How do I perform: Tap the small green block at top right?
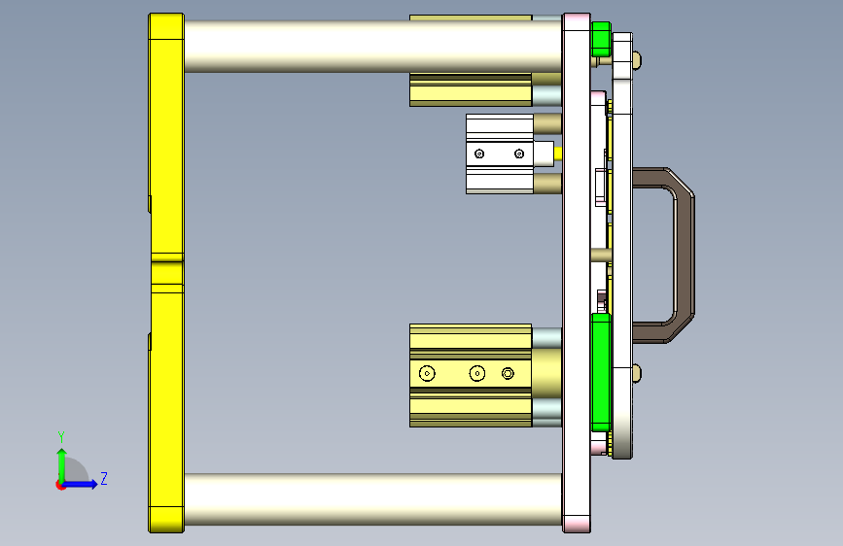[600, 38]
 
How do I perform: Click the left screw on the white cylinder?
[478, 154]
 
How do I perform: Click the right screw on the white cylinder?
[519, 154]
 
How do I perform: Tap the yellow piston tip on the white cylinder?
[556, 153]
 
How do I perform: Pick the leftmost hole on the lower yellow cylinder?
[427, 373]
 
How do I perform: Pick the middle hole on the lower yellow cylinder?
[476, 373]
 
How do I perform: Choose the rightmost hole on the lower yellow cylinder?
[508, 373]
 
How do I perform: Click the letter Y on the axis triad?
[61, 436]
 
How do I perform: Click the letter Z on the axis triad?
[103, 479]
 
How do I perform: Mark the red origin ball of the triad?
[61, 484]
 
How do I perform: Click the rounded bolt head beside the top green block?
[637, 59]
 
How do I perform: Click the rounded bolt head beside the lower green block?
[637, 371]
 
